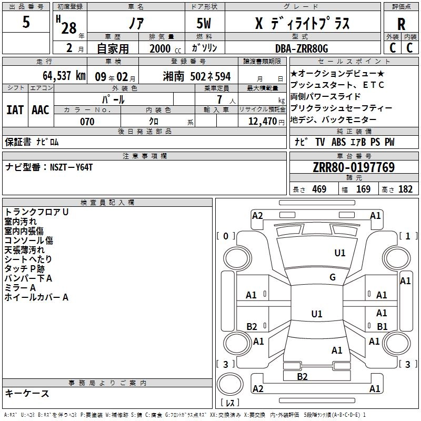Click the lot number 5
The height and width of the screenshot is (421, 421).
coord(26,23)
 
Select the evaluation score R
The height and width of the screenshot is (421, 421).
coord(401,24)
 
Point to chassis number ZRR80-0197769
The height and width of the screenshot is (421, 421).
coord(353,167)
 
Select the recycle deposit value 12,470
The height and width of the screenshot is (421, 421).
coord(263,122)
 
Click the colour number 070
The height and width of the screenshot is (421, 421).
coord(87,122)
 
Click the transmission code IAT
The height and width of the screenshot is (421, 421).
coord(15,110)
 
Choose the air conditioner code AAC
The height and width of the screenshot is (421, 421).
coord(41,110)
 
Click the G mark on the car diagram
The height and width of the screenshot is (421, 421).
coord(332,277)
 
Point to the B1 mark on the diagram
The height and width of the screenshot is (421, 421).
coord(382,327)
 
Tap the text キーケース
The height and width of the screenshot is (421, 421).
coord(27,393)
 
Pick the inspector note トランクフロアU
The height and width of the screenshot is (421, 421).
coord(36,212)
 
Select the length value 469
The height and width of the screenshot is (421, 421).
coord(319,189)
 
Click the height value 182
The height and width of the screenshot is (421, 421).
coord(405,189)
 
